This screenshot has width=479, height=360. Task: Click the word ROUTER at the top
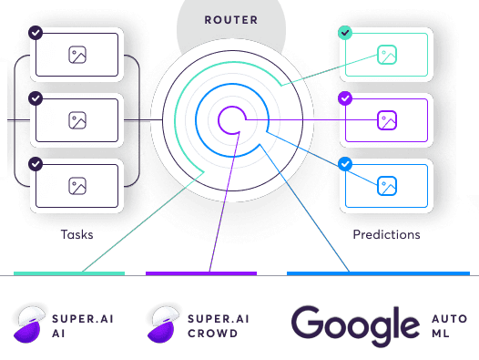pos(231,20)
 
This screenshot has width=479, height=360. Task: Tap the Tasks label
pos(77,234)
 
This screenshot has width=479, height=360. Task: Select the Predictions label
pos(386,234)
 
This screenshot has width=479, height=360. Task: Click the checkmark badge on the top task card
pos(36,33)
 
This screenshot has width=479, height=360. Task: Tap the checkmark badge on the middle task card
pos(36,98)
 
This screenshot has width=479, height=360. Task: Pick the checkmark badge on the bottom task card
pos(36,164)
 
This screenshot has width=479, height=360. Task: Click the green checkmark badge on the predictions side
pos(345,33)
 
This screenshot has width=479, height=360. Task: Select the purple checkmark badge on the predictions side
pos(345,98)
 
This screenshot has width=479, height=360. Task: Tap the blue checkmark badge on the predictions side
pos(345,164)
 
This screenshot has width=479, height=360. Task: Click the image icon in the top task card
pos(77,55)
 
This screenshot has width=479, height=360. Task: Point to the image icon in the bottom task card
pos(77,186)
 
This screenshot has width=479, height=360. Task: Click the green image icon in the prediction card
pos(387,55)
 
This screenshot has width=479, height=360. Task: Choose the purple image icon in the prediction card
pos(387,120)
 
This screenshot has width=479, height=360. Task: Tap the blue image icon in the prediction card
pos(387,186)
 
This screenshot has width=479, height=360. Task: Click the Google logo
pos(355,326)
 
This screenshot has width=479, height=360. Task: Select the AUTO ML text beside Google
pos(449,326)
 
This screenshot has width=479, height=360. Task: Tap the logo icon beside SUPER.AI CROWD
pos(163,324)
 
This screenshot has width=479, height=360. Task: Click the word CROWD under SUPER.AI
pos(212,334)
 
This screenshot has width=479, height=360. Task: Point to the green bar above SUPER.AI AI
pos(69,273)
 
